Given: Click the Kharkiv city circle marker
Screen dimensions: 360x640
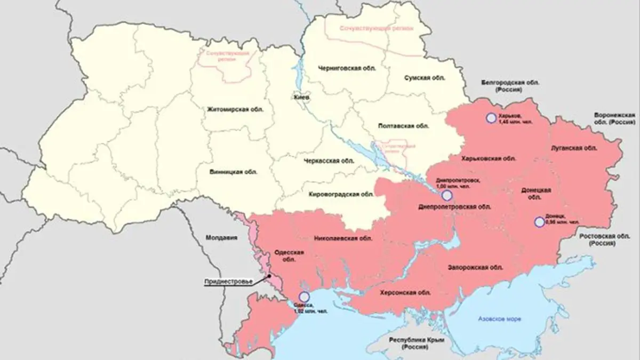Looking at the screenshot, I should pyautogui.click(x=490, y=118).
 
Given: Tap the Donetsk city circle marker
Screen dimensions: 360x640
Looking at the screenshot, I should pyautogui.click(x=539, y=222).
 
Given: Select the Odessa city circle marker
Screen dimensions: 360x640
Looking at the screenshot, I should pyautogui.click(x=304, y=297).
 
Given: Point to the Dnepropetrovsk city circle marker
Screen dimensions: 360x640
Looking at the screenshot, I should pyautogui.click(x=447, y=195).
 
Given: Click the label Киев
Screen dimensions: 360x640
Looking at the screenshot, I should pyautogui.click(x=297, y=98).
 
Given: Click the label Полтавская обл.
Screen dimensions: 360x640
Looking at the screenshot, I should pyautogui.click(x=396, y=126).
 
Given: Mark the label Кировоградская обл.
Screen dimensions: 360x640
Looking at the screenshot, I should pyautogui.click(x=341, y=195).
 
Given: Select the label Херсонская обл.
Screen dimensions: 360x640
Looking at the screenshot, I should pyautogui.click(x=402, y=292).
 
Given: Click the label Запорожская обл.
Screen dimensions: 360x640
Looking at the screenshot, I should pyautogui.click(x=475, y=267).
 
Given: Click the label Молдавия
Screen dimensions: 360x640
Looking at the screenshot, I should pyautogui.click(x=221, y=238).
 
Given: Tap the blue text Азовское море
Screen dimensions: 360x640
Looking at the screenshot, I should pyautogui.click(x=500, y=319).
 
